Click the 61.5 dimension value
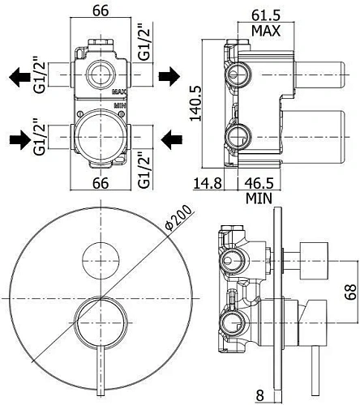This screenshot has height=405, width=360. [265, 15]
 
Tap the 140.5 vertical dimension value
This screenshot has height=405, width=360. [196, 103]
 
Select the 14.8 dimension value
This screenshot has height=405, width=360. [208, 183]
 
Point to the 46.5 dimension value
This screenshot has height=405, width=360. [259, 183]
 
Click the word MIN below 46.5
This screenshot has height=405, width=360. [259, 198]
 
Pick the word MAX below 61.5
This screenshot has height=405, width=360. [266, 31]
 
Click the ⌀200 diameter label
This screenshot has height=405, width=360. [180, 218]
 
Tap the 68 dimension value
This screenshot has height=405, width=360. [351, 292]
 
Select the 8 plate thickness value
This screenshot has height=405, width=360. [259, 396]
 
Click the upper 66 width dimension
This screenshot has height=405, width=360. [101, 11]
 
